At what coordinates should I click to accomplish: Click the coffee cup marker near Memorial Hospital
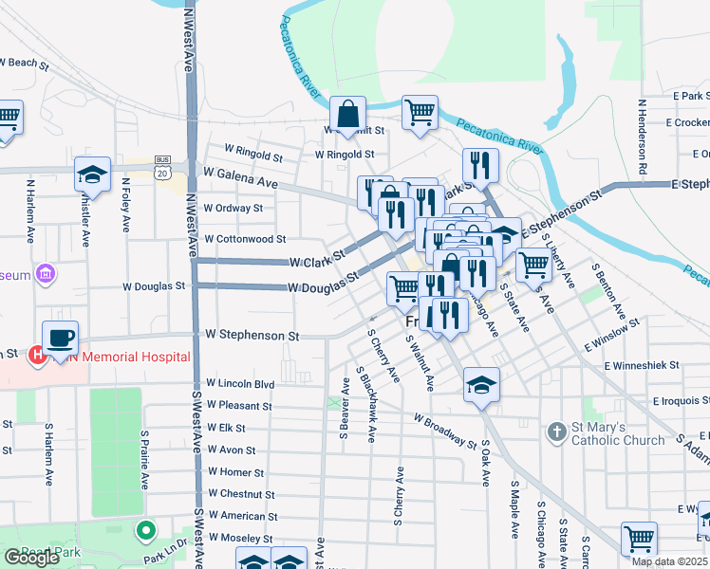[x=61, y=339]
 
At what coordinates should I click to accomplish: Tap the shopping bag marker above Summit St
[x=348, y=113]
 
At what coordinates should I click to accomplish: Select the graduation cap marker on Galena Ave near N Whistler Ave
[x=92, y=174]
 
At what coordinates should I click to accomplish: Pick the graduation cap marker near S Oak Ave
[x=482, y=385]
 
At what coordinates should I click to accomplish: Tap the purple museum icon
[x=44, y=275]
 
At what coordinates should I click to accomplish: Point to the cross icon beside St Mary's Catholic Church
[x=557, y=432]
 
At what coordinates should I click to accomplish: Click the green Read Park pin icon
[x=144, y=531]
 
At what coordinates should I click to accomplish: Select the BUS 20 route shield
[x=162, y=173]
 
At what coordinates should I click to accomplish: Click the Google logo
[x=31, y=558]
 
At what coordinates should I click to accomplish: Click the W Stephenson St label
[x=252, y=336]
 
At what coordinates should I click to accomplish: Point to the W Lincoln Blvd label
[x=239, y=384]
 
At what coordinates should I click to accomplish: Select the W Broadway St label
[x=444, y=431]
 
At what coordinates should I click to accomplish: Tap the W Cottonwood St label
[x=245, y=239]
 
